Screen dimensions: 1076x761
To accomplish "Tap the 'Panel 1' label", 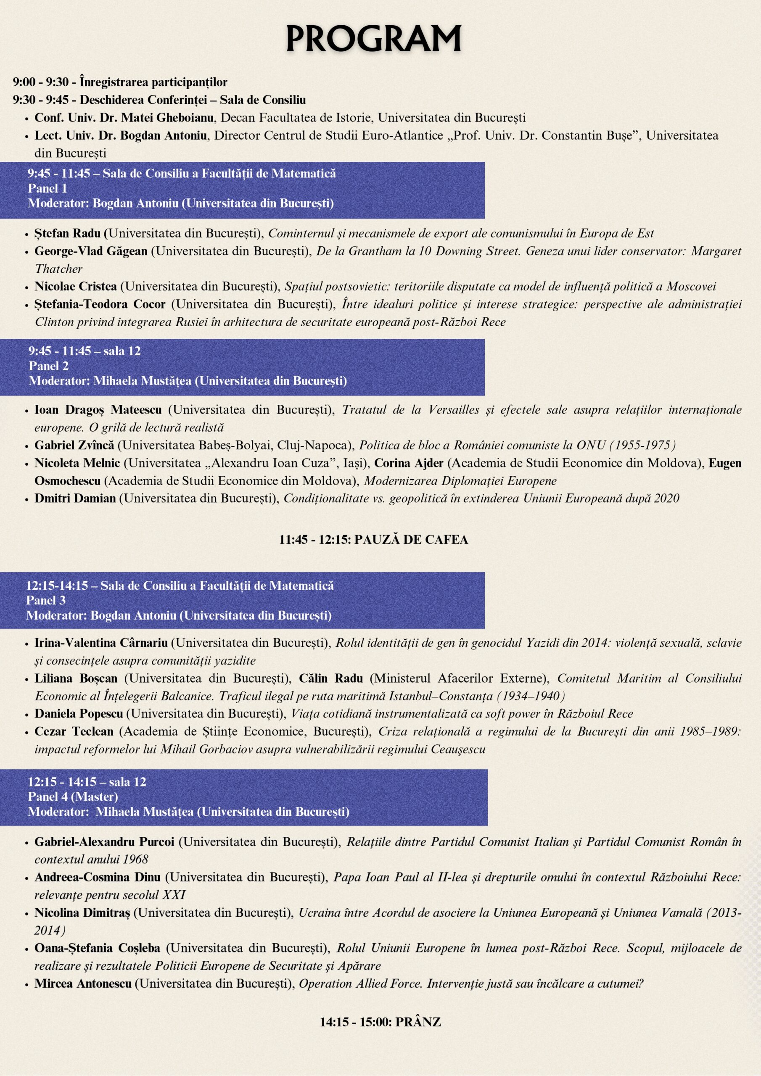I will pos(48,188).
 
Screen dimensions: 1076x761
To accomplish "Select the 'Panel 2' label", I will pos(49,366).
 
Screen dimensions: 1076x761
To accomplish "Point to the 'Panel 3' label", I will pos(46,600).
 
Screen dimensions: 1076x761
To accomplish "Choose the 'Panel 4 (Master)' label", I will pos(73,796).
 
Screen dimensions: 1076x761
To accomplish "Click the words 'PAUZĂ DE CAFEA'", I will pos(411,540).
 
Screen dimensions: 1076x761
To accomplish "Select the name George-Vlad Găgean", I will pos(90,251).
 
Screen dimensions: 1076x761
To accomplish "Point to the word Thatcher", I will pos(58,269).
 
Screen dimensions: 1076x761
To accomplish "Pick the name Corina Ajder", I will pos(408,463).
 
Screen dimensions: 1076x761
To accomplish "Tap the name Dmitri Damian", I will pos(75,498).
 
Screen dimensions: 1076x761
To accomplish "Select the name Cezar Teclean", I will pos(74,731).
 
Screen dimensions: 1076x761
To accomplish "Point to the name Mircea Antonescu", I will pos(83,984).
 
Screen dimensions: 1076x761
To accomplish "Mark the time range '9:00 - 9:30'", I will pos(40,82).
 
